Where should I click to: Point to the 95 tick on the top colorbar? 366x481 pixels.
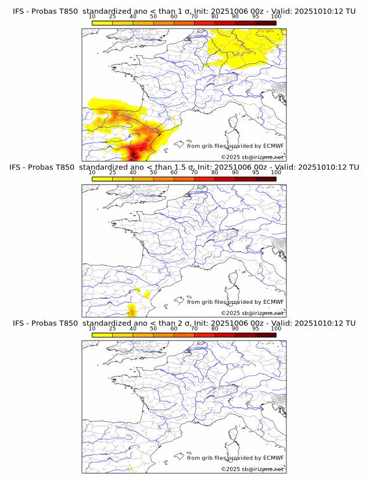256,17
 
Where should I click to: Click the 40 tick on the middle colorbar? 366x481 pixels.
133,173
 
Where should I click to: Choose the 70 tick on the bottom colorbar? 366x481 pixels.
195,328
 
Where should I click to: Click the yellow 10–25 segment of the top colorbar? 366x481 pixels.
102,23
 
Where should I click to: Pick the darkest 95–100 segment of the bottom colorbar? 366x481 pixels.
265,335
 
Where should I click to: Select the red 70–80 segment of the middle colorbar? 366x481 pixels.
204,180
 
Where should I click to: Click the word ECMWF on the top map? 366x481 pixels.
273,146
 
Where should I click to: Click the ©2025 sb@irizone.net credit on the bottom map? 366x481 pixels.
253,468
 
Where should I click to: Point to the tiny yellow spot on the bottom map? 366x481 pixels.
131,468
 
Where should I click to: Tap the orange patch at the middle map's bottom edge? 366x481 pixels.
132,310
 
